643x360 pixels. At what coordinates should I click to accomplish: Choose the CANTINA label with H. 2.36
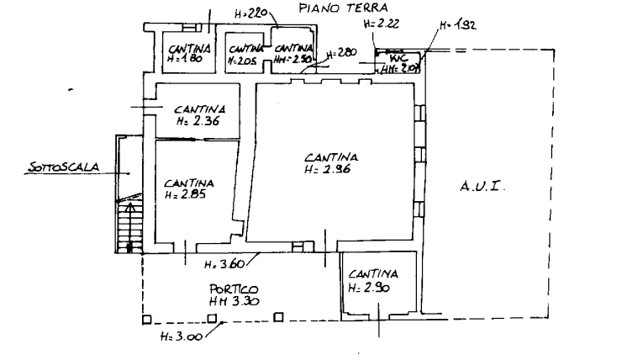pyautogui.click(x=199, y=109)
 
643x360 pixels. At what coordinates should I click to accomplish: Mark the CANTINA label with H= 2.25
pyautogui.click(x=188, y=184)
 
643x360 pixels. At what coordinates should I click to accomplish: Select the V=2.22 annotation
pyautogui.click(x=381, y=26)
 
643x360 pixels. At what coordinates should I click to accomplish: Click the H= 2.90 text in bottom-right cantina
pyautogui.click(x=370, y=288)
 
